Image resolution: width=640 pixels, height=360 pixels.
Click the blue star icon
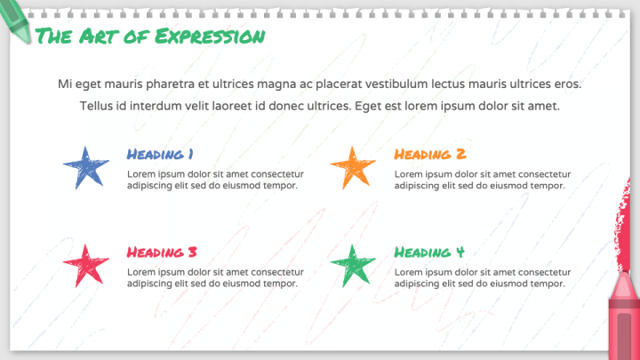(x=85, y=167)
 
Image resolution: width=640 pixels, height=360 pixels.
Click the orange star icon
(x=352, y=167)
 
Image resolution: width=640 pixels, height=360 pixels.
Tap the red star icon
(x=85, y=264)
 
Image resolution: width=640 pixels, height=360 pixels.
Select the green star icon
(x=352, y=264)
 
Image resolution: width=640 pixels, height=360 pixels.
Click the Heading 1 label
(x=161, y=154)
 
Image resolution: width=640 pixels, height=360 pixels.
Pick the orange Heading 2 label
(x=429, y=154)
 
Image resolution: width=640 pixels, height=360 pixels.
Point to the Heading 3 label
(x=162, y=252)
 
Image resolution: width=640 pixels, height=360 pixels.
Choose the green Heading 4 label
(x=429, y=252)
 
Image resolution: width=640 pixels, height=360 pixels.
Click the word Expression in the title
(x=209, y=36)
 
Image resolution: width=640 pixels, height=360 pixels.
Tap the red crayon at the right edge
(x=624, y=267)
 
